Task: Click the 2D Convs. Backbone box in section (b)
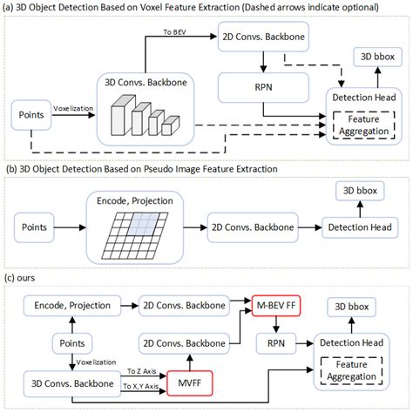click(x=250, y=229)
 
